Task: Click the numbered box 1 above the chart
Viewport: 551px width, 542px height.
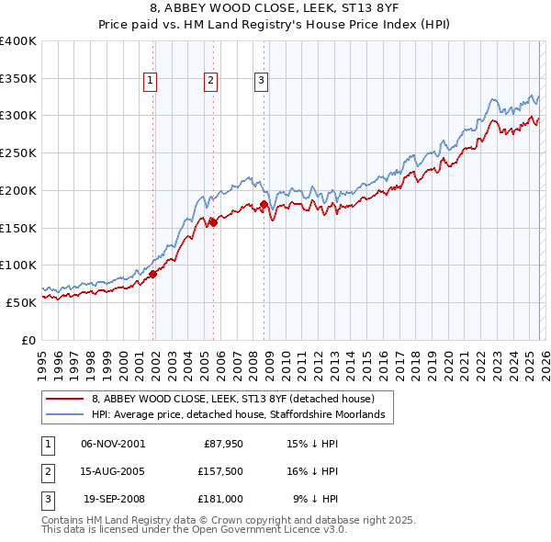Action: (x=150, y=81)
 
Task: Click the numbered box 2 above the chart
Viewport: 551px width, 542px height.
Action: (x=210, y=81)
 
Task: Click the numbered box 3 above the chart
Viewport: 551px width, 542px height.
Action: (x=261, y=81)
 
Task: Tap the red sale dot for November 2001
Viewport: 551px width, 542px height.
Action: (x=153, y=273)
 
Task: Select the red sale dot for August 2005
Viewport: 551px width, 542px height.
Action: (x=212, y=221)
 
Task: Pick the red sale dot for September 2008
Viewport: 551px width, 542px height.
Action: (x=264, y=204)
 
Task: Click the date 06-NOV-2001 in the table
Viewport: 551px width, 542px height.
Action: (x=113, y=444)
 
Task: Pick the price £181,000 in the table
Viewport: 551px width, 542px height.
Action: (x=220, y=499)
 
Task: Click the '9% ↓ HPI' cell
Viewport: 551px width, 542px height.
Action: (x=315, y=499)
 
